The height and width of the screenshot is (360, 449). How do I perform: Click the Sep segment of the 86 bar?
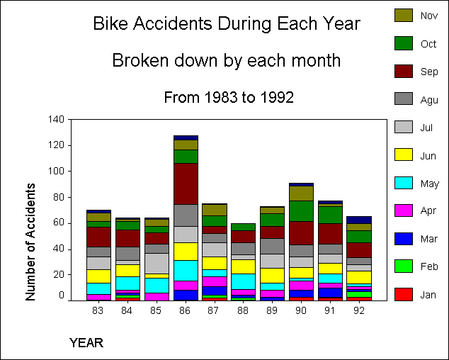tap(186, 184)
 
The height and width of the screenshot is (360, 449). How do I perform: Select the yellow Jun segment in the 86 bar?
tap(186, 252)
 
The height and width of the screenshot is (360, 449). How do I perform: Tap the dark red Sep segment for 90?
tap(301, 233)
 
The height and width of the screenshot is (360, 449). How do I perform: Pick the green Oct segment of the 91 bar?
tap(330, 215)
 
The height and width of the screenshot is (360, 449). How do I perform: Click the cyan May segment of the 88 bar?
tap(243, 281)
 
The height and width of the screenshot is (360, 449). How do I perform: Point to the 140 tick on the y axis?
tap(57, 119)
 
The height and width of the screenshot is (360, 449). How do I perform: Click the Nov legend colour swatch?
tap(404, 15)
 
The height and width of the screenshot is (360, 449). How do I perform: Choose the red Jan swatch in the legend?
tap(404, 294)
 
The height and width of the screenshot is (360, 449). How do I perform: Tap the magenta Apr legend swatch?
tap(404, 210)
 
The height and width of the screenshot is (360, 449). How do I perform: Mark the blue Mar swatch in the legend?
tap(404, 238)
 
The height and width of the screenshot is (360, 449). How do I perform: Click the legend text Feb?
tap(428, 266)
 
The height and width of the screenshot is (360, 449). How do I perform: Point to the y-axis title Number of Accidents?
tap(30, 242)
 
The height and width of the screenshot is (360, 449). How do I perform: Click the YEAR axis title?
tap(86, 343)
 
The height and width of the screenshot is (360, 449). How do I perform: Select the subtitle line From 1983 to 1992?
tap(229, 97)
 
